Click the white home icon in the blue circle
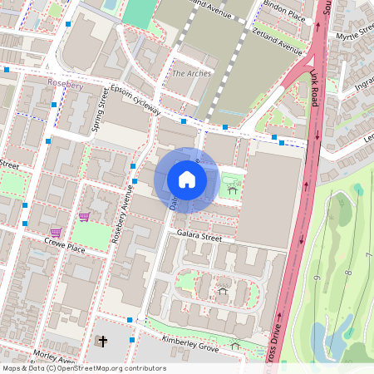[x=187, y=180]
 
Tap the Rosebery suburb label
[x=66, y=84]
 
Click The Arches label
[x=191, y=74]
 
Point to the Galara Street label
[x=199, y=237]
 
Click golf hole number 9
[x=317, y=276]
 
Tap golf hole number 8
[x=347, y=273]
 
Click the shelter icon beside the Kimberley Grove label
[x=235, y=345]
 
